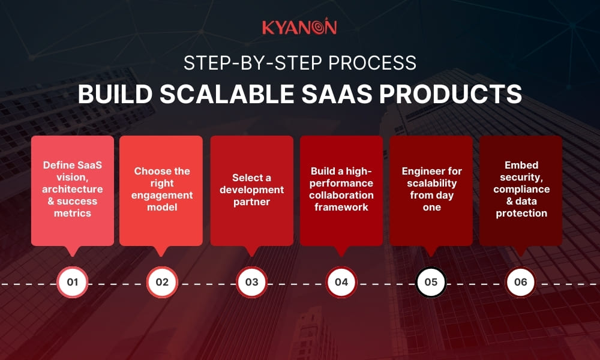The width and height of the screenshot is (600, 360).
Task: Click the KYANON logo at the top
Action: pos(299,27)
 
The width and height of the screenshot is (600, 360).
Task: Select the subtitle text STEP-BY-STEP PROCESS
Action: pos(299,63)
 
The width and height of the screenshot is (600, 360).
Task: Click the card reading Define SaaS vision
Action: pos(73,190)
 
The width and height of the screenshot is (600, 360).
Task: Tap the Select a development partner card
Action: pos(251,190)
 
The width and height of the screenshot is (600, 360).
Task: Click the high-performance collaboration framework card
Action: pos(341,190)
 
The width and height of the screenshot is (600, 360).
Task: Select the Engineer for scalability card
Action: pos(431,190)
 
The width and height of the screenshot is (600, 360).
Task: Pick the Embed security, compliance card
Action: pos(521,190)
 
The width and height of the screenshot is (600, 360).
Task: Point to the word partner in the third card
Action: pos(251,202)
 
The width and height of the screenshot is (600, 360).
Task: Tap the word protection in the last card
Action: pos(521,213)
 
